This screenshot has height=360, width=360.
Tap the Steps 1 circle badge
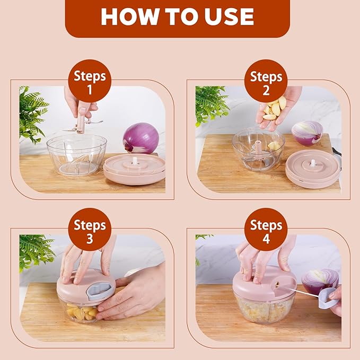click(90, 81)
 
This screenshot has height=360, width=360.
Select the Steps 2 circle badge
click(266, 81)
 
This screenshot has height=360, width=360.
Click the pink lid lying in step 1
click(134, 168)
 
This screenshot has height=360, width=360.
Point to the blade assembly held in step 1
click(83, 119)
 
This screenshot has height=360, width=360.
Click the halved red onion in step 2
click(307, 133)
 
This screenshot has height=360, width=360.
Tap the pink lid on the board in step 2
click(312, 168)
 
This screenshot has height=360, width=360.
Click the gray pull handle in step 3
click(99, 289)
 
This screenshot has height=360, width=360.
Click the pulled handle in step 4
click(330, 300)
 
